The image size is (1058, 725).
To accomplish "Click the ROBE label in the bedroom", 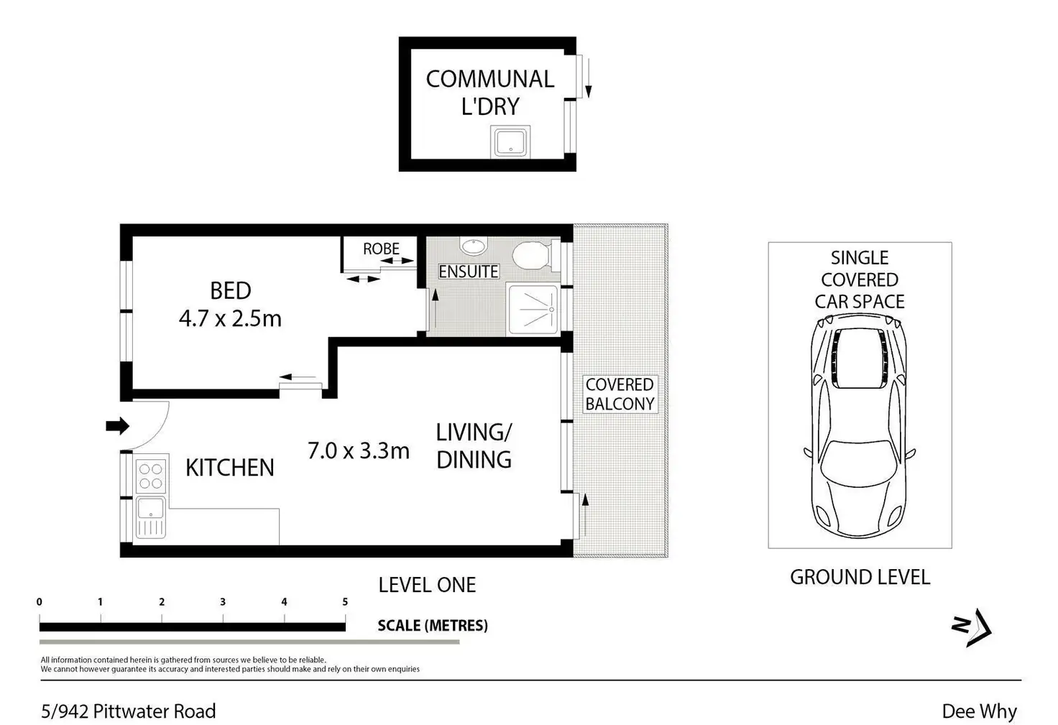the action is tap(381, 249).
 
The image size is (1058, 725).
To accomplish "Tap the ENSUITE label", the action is tap(468, 272).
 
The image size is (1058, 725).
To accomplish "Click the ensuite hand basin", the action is tap(473, 246).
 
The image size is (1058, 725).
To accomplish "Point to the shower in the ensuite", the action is tap(533, 310).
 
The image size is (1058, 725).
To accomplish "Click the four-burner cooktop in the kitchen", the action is tap(151, 476).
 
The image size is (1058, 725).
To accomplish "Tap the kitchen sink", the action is tap(151, 517).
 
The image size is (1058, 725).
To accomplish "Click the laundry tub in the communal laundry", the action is tap(510, 142).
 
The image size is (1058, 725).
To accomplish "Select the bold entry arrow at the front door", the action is tap(118, 425).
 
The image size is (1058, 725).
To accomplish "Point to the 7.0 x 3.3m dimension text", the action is tap(359, 451).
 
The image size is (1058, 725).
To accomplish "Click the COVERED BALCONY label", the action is tap(620, 394).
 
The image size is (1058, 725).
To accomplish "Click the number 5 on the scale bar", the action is tap(345, 601).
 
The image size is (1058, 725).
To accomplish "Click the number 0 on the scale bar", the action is tap(40, 601).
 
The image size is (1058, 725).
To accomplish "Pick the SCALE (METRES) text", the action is tap(433, 625).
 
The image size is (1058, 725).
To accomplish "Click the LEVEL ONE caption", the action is tap(427, 585).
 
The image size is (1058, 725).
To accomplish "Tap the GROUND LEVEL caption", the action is tap(860, 577).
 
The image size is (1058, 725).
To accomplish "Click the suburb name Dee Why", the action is tap(979, 711).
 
